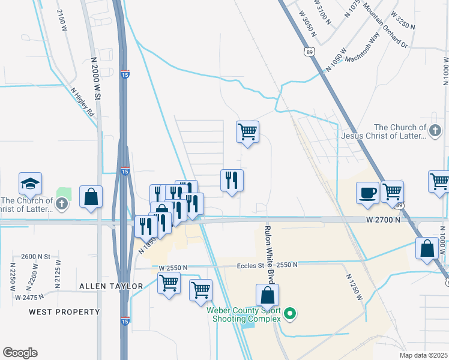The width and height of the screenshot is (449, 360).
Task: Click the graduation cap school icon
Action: coord(31,184)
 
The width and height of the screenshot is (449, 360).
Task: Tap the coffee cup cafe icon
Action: coord(367,192)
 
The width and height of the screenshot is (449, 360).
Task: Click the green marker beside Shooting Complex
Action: coord(289,313)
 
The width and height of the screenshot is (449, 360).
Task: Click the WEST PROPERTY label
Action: coord(64,312)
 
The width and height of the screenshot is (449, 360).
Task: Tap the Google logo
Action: coord(19,353)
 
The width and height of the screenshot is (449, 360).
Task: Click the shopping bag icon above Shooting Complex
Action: coord(268,295)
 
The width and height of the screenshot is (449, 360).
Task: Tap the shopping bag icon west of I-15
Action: coord(91,196)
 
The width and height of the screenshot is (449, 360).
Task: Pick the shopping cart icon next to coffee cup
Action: coord(392,192)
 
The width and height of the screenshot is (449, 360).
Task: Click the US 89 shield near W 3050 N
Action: coord(309,52)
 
